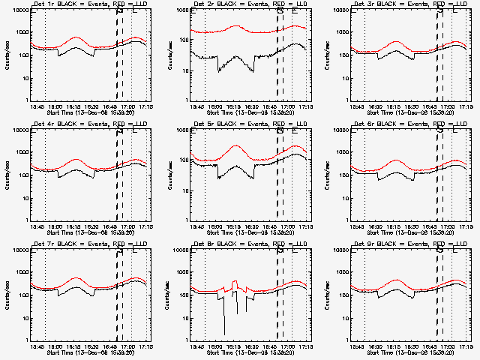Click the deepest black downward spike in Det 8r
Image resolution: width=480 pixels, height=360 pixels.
click(223, 334)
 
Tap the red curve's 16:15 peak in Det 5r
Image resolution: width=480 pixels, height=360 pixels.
click(235, 145)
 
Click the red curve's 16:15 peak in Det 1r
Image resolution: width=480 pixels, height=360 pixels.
click(76, 37)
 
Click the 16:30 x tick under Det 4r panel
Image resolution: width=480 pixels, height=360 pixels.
click(100, 226)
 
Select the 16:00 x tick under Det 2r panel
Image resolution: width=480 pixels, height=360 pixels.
click(217, 106)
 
